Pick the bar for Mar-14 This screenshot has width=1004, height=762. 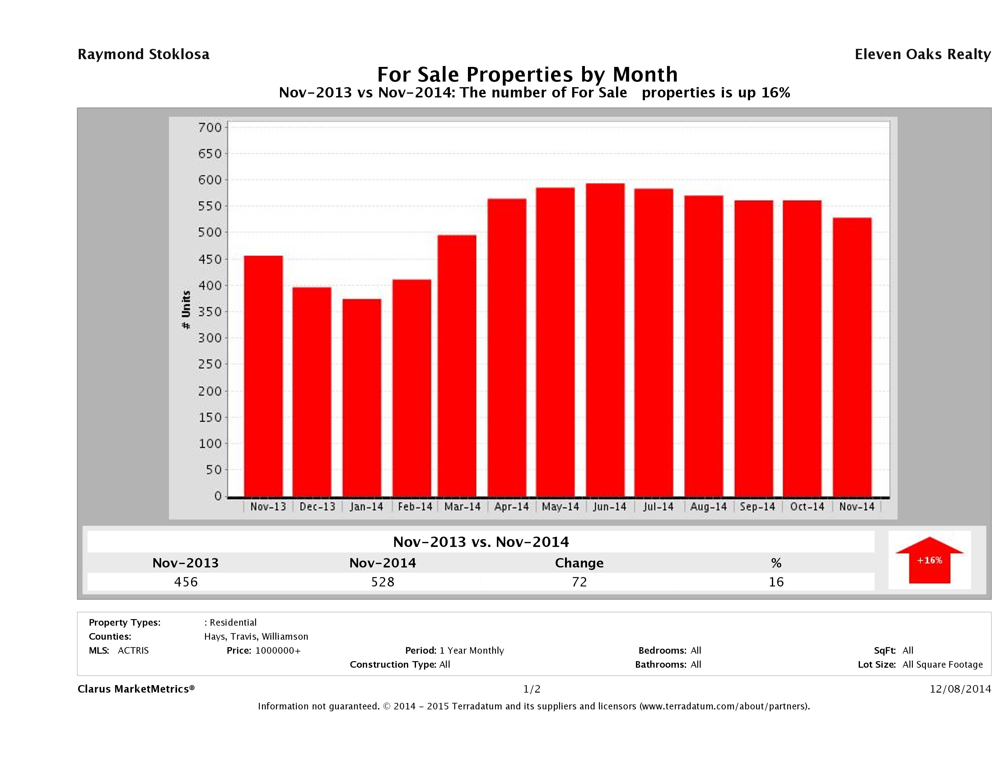tap(457, 365)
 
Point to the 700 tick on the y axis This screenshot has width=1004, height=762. tap(210, 128)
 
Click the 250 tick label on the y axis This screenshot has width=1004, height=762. tap(210, 364)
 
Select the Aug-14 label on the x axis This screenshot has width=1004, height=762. tap(708, 507)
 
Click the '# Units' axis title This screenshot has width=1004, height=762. tap(186, 310)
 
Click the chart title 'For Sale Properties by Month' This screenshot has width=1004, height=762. tap(527, 74)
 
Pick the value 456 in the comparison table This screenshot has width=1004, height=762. tap(186, 582)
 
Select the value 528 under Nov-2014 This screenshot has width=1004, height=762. tap(383, 582)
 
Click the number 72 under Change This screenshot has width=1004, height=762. tap(579, 582)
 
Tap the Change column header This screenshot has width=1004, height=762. tap(579, 563)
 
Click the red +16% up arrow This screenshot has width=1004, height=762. tap(929, 560)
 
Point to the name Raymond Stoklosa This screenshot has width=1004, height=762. tap(143, 54)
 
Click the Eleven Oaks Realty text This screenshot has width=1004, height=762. tap(922, 54)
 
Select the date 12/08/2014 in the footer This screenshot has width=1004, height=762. tap(960, 689)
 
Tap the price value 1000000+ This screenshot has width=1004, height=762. tap(278, 650)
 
